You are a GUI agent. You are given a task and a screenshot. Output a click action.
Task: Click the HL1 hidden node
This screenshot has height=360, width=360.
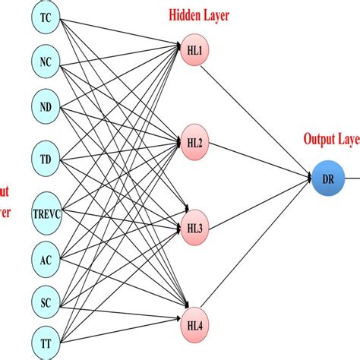[x=194, y=51]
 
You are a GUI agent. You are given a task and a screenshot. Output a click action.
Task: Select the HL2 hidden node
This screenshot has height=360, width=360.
[x=194, y=142]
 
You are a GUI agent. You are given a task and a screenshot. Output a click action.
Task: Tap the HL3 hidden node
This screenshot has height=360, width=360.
[x=194, y=227]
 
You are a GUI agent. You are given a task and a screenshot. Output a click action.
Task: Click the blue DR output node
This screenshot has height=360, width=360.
[x=327, y=179]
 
